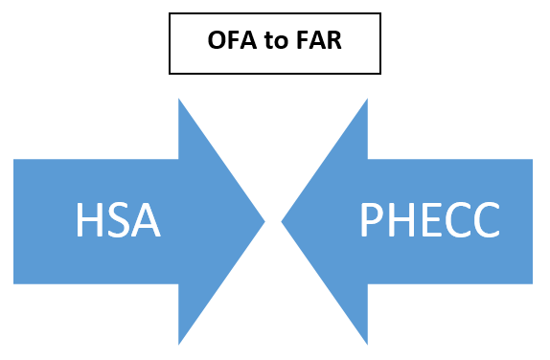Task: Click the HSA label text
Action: [x=117, y=222]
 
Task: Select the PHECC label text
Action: [x=429, y=222]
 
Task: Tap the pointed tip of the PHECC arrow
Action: [x=283, y=222]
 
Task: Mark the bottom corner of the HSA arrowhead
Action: [x=180, y=343]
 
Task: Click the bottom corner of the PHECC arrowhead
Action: [x=367, y=343]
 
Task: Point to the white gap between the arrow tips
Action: [x=273, y=222]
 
